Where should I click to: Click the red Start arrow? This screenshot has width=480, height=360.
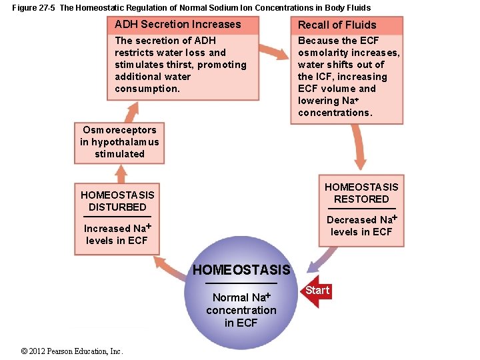point(317,291)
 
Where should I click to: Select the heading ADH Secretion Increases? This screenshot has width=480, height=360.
point(177,25)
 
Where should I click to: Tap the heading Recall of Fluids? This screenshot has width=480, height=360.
point(337,25)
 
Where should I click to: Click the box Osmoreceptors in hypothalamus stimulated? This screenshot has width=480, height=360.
point(119,142)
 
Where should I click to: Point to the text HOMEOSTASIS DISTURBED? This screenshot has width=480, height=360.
point(117,201)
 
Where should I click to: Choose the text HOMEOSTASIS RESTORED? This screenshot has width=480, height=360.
point(361,193)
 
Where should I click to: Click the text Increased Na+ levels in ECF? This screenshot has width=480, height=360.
point(117,234)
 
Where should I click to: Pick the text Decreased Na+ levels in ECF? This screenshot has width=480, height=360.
point(361,225)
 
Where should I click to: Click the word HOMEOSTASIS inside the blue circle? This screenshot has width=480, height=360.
point(241,270)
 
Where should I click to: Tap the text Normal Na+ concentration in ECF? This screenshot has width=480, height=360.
point(241,310)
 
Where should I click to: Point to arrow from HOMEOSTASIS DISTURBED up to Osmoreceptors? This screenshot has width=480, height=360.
point(121,173)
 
